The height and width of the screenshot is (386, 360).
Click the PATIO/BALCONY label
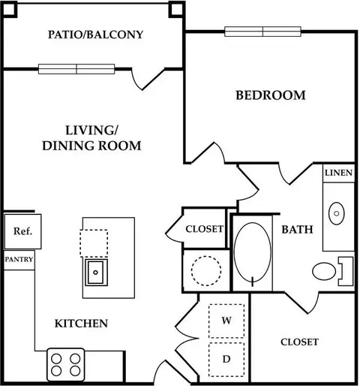95,35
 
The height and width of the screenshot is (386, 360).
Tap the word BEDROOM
271,95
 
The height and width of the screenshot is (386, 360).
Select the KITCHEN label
81,324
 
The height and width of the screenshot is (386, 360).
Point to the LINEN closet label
338,173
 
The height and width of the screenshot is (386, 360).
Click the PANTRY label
19,259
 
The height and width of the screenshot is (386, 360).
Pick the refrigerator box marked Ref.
22,231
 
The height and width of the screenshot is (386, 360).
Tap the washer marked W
226,321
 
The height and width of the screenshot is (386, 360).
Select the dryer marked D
226,360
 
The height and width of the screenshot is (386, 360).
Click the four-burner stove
66,364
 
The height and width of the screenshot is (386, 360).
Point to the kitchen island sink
96,273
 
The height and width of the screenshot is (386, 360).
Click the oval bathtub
253,253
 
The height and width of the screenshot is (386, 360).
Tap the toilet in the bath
333,271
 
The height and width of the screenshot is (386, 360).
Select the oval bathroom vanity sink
337,213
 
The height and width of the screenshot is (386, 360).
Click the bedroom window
262,32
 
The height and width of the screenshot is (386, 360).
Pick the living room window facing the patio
76,69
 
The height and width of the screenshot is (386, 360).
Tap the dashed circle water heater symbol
206,271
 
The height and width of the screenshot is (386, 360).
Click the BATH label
298,230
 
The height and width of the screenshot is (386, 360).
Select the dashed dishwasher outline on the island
94,243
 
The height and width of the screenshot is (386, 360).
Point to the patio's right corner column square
177,10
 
